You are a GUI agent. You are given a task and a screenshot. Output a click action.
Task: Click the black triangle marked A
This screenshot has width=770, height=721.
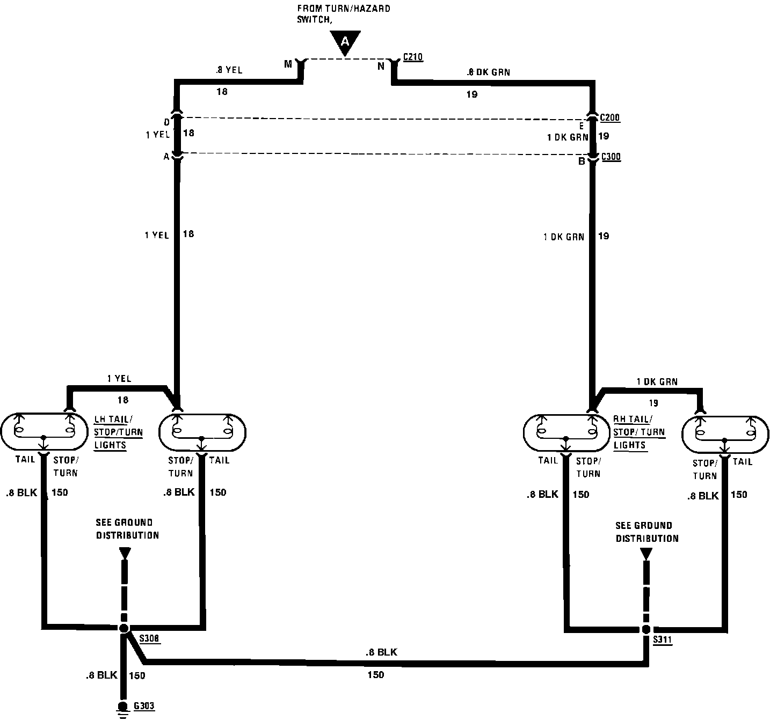coord(345,42)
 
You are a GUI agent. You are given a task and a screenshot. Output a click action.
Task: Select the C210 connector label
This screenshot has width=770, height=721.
coord(412,56)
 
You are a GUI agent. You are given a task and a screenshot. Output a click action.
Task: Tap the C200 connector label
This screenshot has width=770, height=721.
coord(610,117)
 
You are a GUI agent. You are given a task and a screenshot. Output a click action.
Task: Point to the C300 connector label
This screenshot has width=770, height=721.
coord(611,157)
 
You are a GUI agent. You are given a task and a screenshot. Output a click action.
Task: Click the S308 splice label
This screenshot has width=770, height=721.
coord(149,638)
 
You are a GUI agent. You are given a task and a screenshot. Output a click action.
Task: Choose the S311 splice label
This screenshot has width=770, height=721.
coord(663,640)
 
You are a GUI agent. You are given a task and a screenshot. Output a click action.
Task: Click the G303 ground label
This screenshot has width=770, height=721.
coord(144,705)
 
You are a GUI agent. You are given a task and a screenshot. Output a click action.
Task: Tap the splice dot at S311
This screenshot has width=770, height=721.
coord(646,629)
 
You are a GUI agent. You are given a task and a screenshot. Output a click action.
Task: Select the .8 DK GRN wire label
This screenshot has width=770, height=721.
coord(488,72)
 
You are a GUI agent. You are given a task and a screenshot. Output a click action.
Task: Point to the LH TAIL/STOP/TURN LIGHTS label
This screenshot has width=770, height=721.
coord(118,432)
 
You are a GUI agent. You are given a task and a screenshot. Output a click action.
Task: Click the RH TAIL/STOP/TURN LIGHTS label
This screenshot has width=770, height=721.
coord(639,432)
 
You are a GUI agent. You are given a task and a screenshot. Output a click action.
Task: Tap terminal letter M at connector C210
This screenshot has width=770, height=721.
coord(288,64)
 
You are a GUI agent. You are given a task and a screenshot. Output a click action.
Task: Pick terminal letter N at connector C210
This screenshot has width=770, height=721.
coord(381,66)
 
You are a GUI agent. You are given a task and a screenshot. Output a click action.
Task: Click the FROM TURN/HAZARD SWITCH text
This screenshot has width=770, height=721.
coord(344,14)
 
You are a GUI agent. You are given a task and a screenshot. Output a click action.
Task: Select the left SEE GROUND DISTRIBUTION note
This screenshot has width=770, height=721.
coord(127,528)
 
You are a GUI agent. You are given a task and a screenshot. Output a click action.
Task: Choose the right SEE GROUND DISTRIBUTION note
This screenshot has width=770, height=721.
coord(647,532)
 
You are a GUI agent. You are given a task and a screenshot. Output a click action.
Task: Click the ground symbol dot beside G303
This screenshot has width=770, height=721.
coord(123,706)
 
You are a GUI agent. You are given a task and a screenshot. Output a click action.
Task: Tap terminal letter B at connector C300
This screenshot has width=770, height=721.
coord(582,161)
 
